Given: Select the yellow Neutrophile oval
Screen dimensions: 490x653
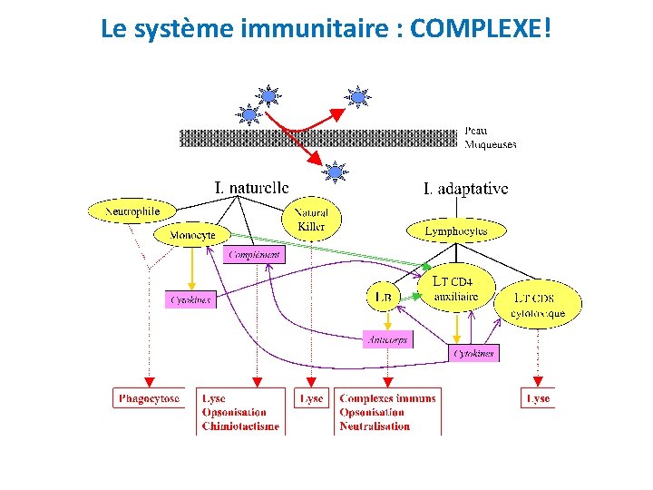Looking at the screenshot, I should pyautogui.click(x=132, y=211).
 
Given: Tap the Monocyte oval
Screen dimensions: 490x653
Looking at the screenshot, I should pyautogui.click(x=191, y=235).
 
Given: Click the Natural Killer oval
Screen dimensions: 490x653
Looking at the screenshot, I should pyautogui.click(x=311, y=219).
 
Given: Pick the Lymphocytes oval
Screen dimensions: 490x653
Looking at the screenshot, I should pyautogui.click(x=455, y=231).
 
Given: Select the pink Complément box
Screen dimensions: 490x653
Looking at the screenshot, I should pyautogui.click(x=254, y=255).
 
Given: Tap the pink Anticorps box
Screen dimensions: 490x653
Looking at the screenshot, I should pyautogui.click(x=387, y=339).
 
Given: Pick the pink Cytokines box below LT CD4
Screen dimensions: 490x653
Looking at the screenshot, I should pyautogui.click(x=474, y=353).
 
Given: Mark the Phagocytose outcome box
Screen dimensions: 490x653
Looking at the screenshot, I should pyautogui.click(x=148, y=398).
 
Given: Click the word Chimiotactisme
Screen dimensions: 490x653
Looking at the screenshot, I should pyautogui.click(x=240, y=426).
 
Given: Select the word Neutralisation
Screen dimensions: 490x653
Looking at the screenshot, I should pyautogui.click(x=375, y=426).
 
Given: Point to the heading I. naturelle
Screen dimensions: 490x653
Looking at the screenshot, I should pyautogui.click(x=252, y=188).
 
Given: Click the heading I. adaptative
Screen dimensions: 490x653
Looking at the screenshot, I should pyautogui.click(x=465, y=189).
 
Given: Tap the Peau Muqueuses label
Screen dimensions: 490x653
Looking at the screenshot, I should pyautogui.click(x=491, y=137).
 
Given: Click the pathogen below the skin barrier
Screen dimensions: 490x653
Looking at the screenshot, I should pyautogui.click(x=336, y=171).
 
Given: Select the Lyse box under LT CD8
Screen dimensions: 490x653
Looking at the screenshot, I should pyautogui.click(x=538, y=398).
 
